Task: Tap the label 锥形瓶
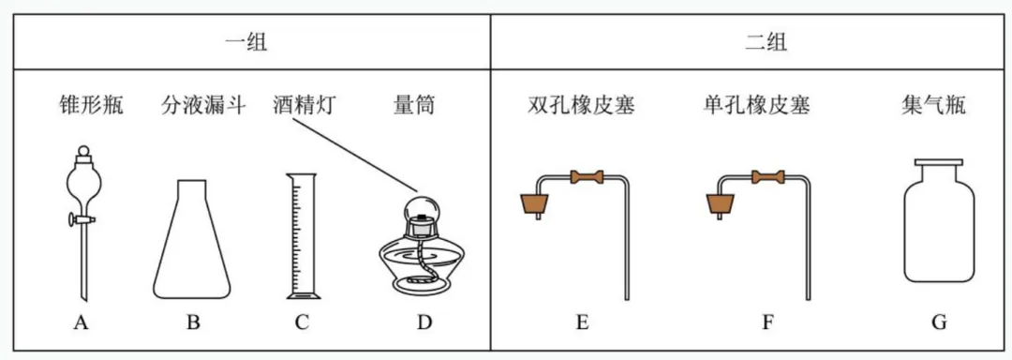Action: [91, 104]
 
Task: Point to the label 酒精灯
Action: [305, 104]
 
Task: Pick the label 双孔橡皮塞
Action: [582, 104]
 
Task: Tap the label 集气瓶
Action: [937, 104]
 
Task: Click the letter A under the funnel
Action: [81, 323]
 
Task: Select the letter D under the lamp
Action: [424, 323]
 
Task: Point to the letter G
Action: [939, 323]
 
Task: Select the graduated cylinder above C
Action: [301, 234]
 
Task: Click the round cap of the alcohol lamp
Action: [424, 206]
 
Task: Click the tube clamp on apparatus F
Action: [768, 174]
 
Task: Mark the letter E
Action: [582, 323]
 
